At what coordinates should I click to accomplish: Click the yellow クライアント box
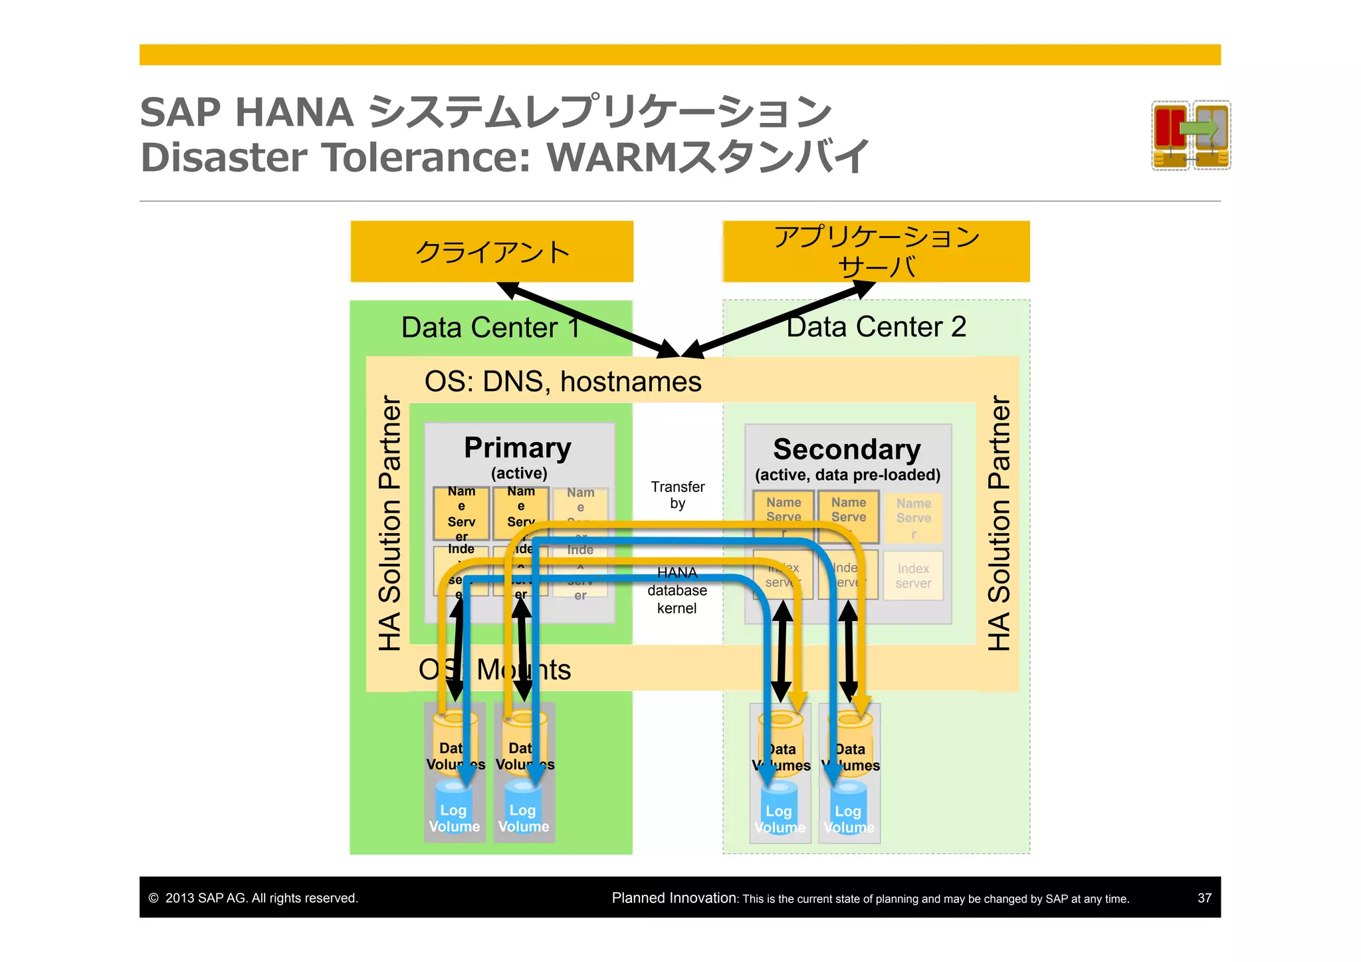492,252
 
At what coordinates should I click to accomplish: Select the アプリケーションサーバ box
876,252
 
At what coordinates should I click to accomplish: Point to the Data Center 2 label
876,326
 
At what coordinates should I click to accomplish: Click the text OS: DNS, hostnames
562,382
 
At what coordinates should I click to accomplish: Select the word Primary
518,447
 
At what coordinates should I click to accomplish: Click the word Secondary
847,449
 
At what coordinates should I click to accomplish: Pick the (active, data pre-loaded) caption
847,475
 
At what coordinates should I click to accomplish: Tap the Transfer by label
677,495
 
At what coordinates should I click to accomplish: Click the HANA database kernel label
677,590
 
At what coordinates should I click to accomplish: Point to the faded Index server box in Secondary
913,576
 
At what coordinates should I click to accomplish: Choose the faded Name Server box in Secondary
913,517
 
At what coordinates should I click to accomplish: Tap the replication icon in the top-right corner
1191,135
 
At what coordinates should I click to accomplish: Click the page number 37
1204,898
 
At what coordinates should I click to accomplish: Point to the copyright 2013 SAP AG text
253,898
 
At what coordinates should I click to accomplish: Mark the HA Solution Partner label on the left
390,523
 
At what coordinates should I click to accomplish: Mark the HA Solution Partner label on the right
998,523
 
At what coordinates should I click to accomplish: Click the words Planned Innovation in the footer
673,898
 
